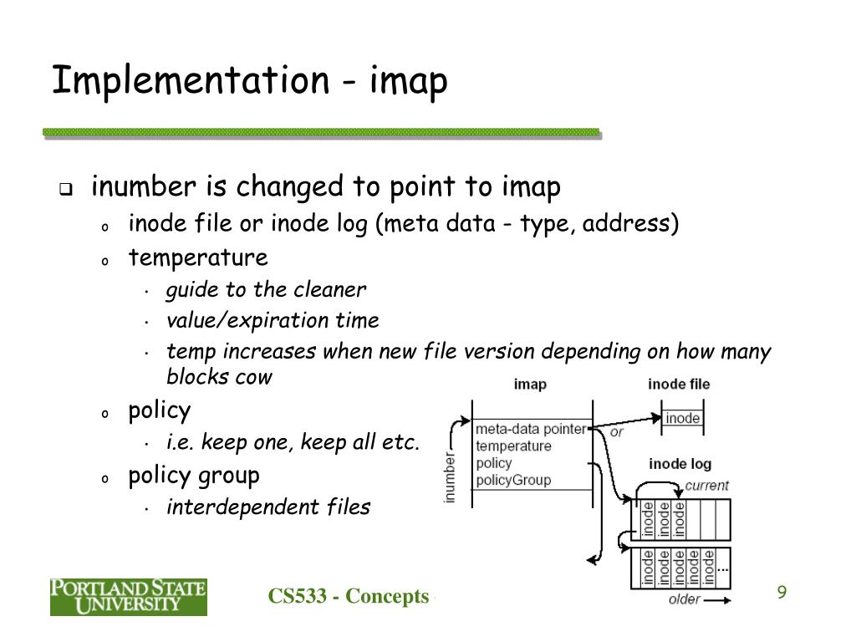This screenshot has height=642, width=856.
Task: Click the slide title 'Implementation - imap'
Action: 249,82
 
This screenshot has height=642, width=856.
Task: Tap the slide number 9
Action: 782,593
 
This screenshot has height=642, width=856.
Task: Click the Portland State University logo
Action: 128,597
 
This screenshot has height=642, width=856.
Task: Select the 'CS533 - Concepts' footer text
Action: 348,596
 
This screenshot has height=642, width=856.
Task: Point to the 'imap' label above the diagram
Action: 530,385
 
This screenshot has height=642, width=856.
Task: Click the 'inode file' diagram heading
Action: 679,385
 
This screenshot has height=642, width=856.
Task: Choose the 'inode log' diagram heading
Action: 681,463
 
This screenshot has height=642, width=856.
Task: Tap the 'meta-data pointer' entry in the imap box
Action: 530,430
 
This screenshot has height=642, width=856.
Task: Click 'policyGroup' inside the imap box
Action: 513,480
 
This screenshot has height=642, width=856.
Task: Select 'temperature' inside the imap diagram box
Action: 513,446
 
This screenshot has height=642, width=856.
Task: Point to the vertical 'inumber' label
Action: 450,478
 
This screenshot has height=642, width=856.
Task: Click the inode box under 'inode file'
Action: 683,418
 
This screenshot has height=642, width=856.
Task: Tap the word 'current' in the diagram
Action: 706,485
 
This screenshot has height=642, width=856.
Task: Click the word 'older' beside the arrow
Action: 685,599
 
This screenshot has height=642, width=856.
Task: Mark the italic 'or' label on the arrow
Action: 617,432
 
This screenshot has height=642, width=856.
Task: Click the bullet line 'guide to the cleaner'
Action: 266,290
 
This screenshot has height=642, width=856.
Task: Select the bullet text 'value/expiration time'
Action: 273,321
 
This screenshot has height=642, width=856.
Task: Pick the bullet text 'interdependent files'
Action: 268,507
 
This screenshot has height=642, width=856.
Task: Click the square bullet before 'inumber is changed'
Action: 65,189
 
